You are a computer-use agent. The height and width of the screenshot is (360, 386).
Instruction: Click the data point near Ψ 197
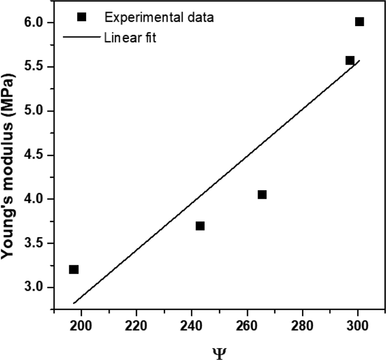(x=74, y=270)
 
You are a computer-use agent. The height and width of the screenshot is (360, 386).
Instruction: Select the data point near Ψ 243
(x=200, y=226)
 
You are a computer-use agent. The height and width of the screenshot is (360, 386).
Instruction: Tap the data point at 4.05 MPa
(x=262, y=195)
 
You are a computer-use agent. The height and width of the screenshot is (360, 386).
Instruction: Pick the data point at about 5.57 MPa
(x=350, y=60)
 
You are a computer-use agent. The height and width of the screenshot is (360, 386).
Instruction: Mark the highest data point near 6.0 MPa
(x=359, y=22)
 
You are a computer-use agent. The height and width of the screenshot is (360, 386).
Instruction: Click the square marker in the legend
(x=82, y=17)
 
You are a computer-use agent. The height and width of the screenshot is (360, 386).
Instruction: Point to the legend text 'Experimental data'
(x=159, y=17)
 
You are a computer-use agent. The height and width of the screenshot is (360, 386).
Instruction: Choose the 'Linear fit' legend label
(x=130, y=38)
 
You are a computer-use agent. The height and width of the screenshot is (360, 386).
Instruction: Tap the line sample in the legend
(x=82, y=37)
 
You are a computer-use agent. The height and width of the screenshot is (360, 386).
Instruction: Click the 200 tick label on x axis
(x=81, y=326)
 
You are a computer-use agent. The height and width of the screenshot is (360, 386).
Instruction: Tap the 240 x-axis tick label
(x=191, y=326)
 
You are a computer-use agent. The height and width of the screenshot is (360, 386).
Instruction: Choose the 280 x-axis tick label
(x=302, y=326)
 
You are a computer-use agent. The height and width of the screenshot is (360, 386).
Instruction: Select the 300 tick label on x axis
(x=357, y=326)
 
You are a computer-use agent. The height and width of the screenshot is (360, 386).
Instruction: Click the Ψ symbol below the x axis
(x=219, y=353)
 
